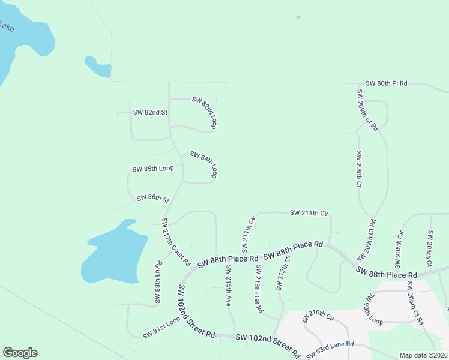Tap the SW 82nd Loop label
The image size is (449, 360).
pos(204,112)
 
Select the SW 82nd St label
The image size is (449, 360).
pos(150,112)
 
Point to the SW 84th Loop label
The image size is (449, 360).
pos(203,164)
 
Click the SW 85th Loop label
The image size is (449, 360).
pos(153,169)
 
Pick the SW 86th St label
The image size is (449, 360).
pos(153,199)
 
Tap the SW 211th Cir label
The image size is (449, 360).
pos(310,213)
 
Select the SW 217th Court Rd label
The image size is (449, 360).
pos(175,242)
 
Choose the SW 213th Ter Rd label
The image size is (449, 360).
pos(259,289)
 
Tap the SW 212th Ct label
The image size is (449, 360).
pos(283,274)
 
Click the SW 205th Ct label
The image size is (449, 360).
pos(399,249)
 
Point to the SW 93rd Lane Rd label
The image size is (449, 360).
pos(330,349)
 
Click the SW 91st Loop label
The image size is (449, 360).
pos(161,328)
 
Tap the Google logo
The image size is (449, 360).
pos(20,353)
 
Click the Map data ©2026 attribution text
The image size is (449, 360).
pos(423,355)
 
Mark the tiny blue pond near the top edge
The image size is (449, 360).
pos(298,17)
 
